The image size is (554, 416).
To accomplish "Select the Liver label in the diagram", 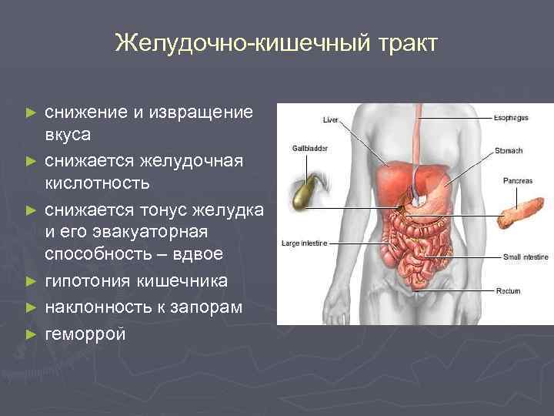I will point(330,119).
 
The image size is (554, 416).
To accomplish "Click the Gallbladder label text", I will point(309,146).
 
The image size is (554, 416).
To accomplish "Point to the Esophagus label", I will point(510,118).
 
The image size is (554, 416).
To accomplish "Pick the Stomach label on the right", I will point(509,149).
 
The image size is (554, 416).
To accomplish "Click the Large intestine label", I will point(305,243).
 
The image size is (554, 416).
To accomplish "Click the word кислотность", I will point(97,184).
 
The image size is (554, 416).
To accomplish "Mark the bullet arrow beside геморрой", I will point(31,334).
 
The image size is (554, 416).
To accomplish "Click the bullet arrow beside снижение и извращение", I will point(31,112).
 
